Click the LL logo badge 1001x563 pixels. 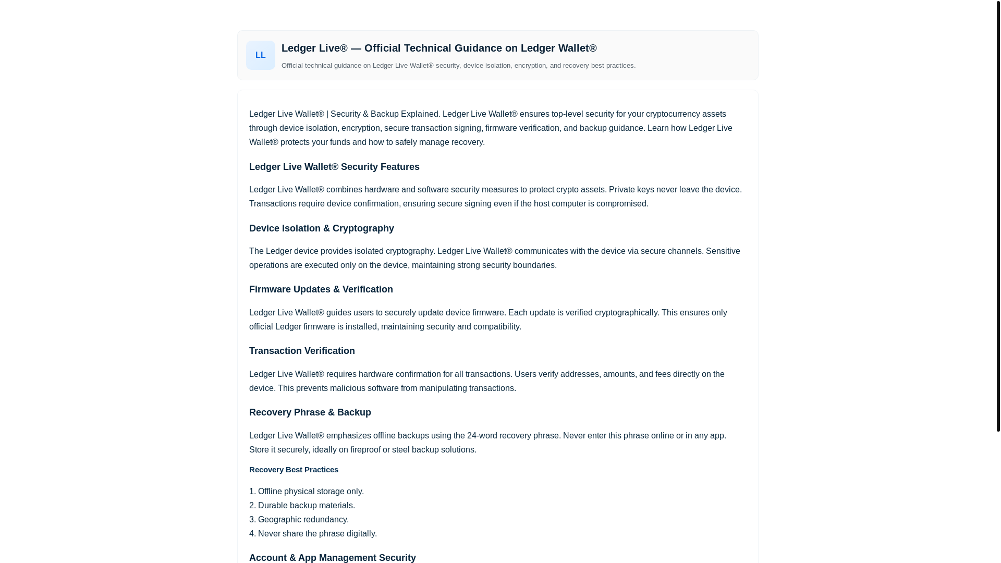tap(260, 55)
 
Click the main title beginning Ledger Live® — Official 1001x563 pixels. tap(438, 48)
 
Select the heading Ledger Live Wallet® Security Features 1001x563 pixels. tap(334, 167)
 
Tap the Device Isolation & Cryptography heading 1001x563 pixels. tap(321, 228)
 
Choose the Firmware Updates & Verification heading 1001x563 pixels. tap(321, 289)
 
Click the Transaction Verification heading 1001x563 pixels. tap(301, 351)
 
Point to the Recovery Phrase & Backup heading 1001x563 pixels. tap(310, 412)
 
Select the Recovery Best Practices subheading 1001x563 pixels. tap(293, 470)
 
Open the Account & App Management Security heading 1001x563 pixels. tap(332, 557)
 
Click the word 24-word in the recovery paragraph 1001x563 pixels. tap(482, 436)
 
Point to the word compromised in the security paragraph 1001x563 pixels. tap(621, 204)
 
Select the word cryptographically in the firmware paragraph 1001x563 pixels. tap(626, 313)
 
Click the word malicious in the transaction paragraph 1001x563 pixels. tap(347, 388)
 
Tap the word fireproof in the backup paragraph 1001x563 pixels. tap(365, 450)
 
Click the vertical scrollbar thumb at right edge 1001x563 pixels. tap(998, 216)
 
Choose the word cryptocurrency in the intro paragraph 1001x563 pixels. tap(673, 114)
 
